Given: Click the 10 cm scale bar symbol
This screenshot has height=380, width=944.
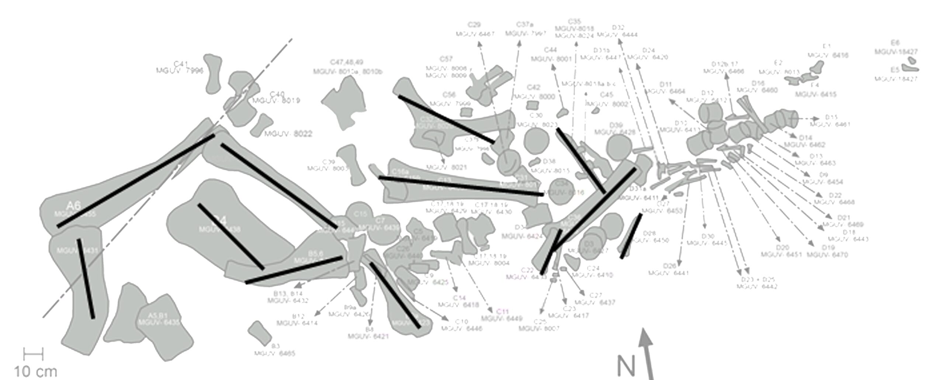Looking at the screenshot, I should coord(33,354).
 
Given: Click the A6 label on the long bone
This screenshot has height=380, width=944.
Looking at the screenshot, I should coord(73,205).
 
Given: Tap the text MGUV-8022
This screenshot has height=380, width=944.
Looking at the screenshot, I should coord(288,134).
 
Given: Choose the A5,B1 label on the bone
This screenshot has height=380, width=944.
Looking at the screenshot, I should coord(158,315).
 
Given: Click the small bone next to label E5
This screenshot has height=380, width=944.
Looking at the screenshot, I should coord(910,68).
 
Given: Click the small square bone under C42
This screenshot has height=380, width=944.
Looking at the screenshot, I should coord(532,105).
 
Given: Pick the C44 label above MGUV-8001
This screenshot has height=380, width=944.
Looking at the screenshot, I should coord(551,50).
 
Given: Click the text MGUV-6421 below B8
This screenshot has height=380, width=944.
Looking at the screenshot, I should coord(368,336).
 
